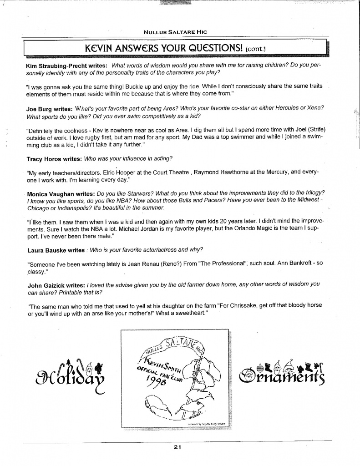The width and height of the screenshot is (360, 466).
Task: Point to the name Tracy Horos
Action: click(44, 159)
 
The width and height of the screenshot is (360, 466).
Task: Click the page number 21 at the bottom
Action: click(177, 448)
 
